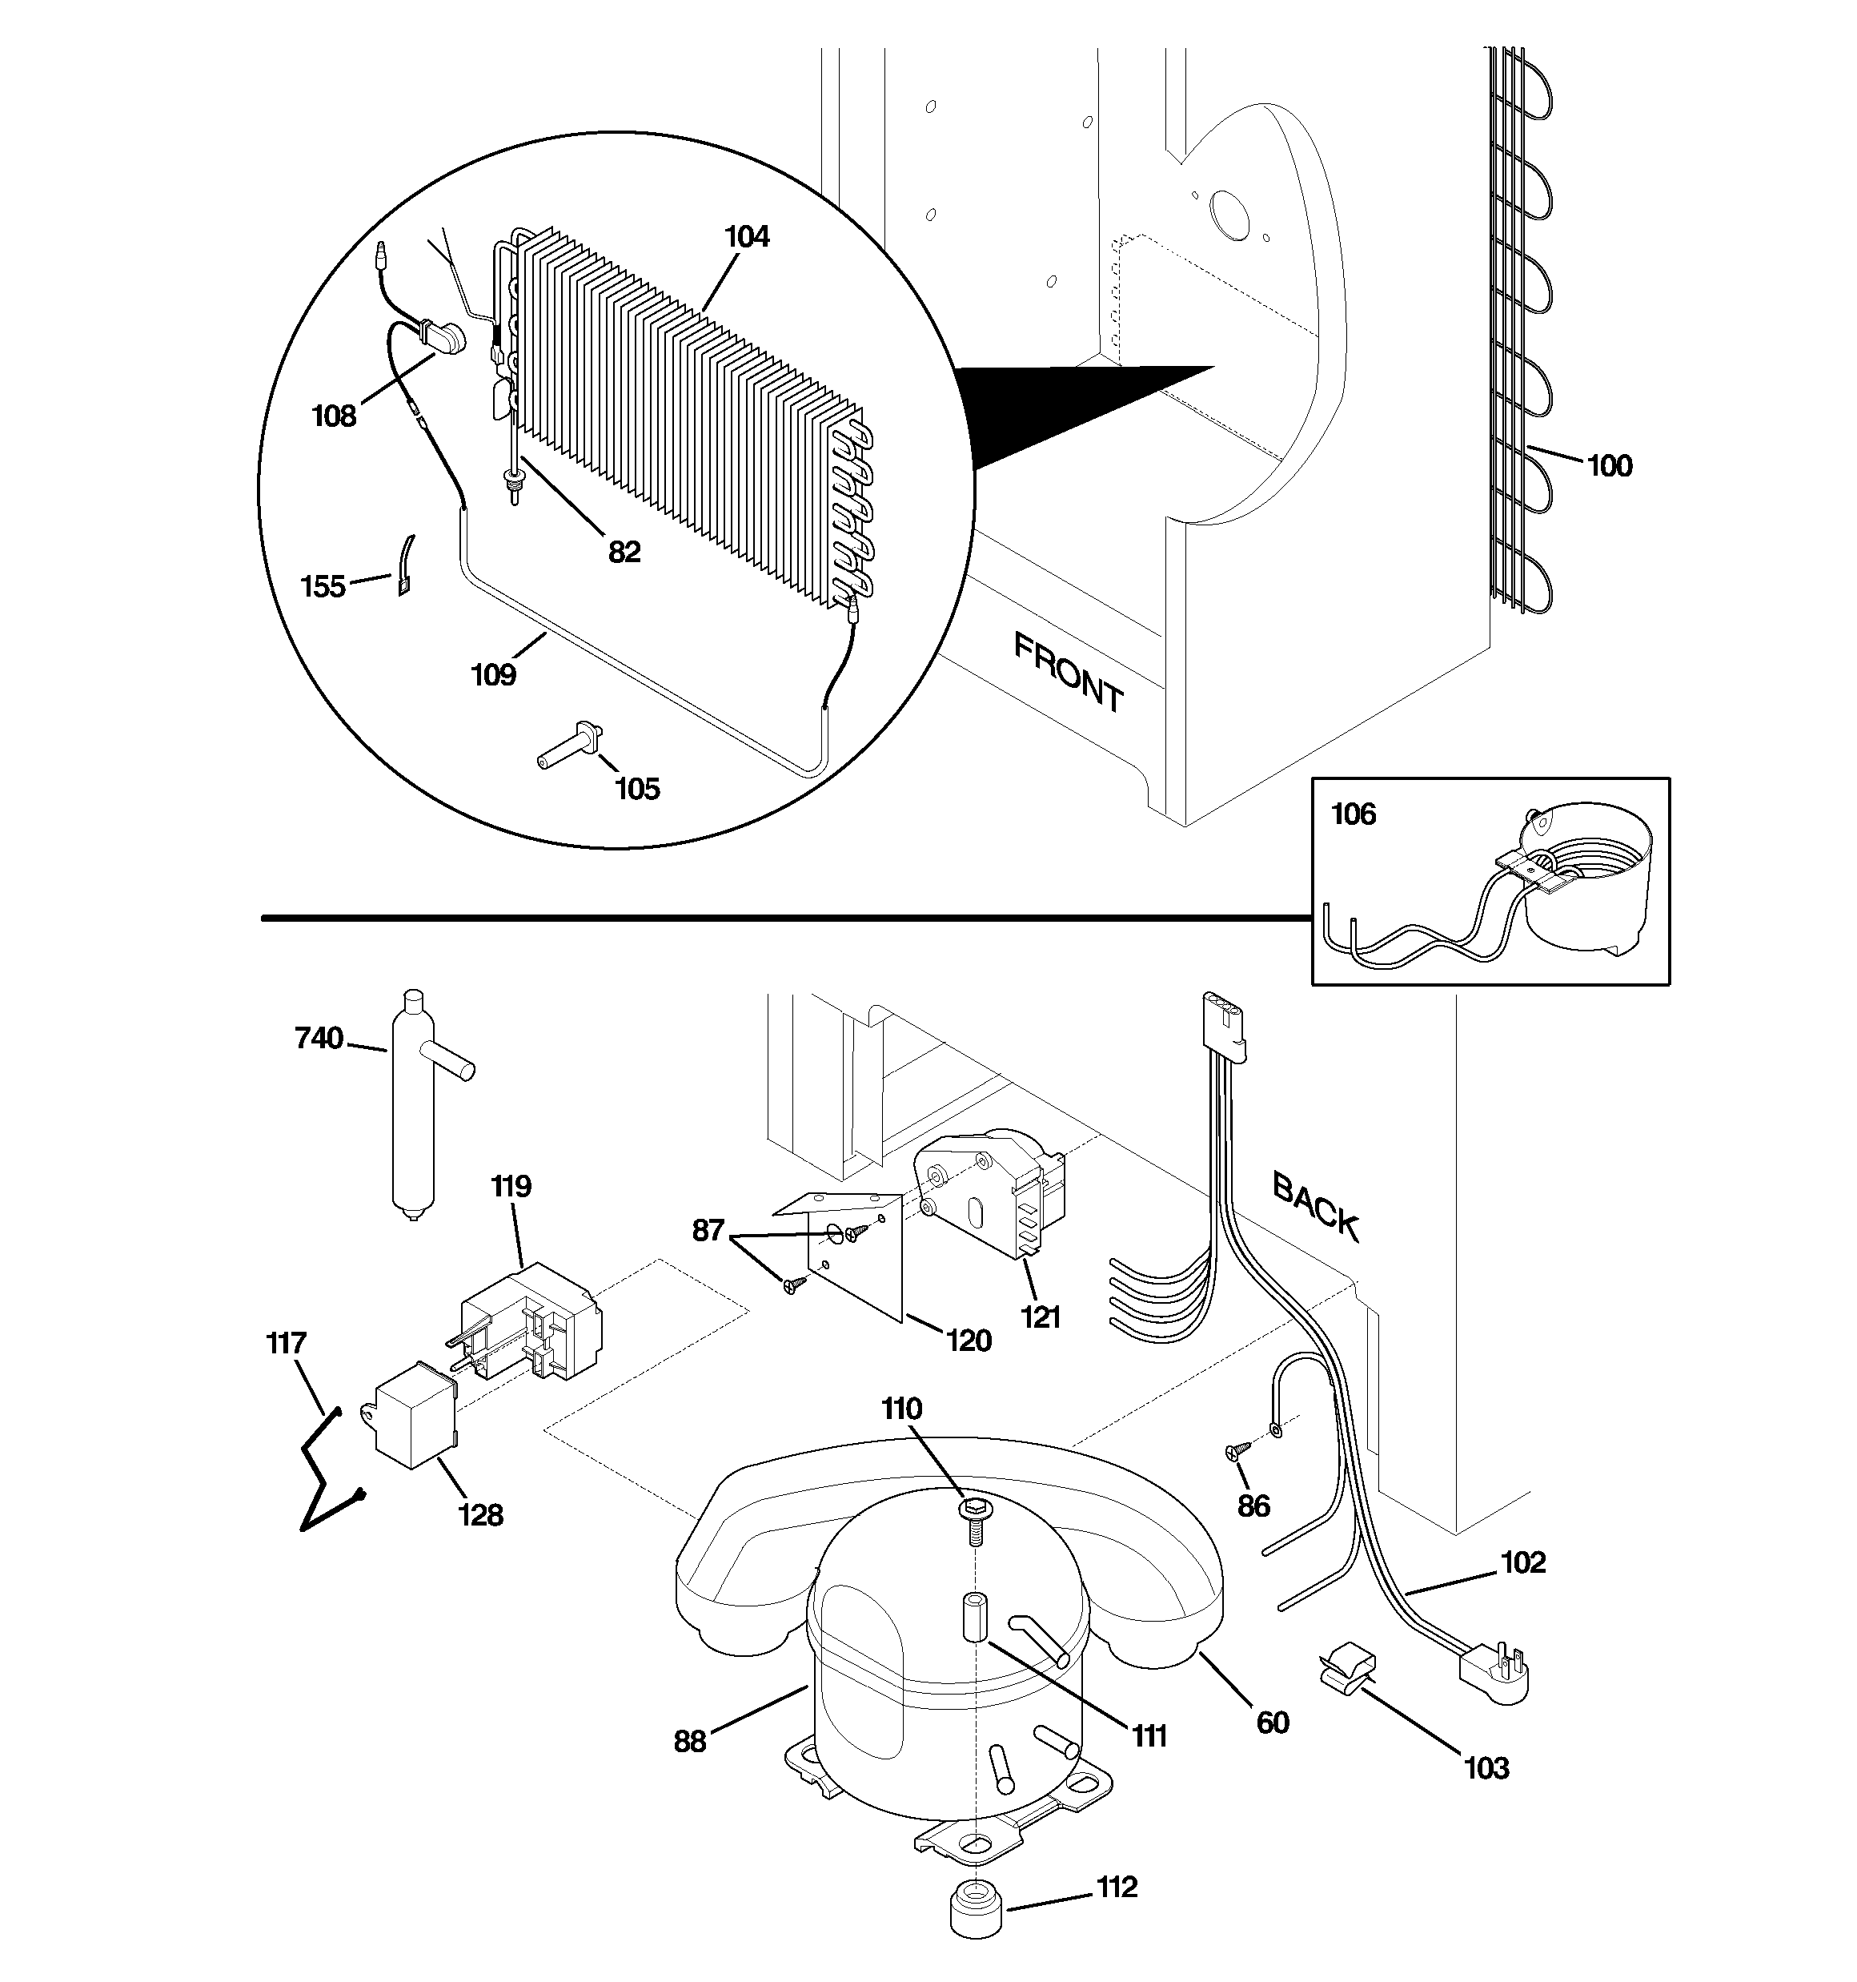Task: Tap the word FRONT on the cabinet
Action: tap(1068, 673)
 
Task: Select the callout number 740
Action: tap(319, 1038)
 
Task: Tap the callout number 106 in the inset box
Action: tap(1353, 814)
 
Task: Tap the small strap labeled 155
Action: tap(406, 565)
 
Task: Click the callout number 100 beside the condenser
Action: tap(1609, 465)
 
